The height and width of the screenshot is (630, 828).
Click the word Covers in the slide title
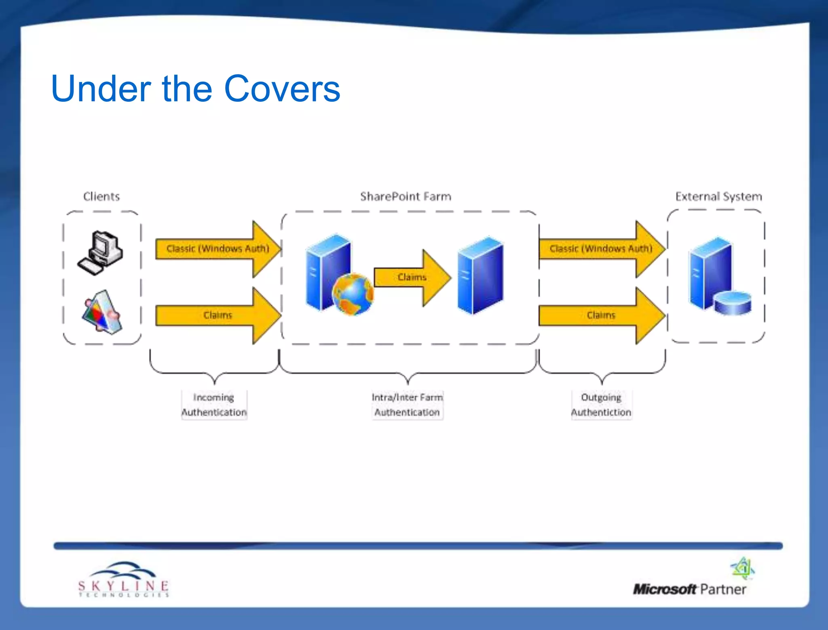point(282,89)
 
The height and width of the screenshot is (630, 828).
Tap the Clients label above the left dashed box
point(101,197)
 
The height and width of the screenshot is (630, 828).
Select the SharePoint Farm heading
point(406,197)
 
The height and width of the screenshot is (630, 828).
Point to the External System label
point(718,197)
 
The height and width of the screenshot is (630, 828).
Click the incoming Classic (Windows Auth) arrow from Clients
point(218,248)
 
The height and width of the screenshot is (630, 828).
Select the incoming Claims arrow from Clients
point(218,315)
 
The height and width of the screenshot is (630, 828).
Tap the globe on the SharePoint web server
point(353,294)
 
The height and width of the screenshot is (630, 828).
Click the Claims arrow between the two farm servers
point(412,277)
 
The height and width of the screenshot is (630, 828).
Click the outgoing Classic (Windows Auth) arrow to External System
point(601,248)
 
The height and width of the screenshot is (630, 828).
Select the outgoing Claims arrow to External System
point(601,315)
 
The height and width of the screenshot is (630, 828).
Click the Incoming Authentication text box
point(214,405)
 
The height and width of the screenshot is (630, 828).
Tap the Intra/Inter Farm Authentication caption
point(407,405)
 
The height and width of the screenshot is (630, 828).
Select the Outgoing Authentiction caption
point(601,405)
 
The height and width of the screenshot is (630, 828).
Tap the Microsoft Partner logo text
point(689,589)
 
